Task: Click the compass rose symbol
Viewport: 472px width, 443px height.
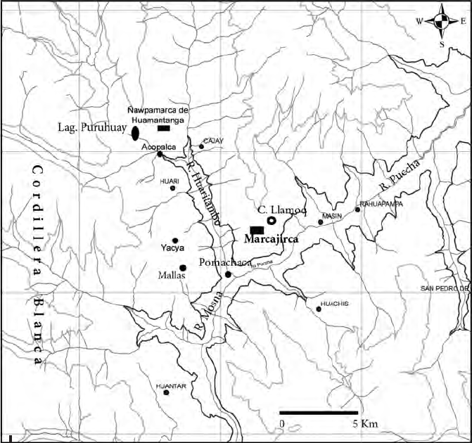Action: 442,21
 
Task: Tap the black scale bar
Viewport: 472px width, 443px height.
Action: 319,412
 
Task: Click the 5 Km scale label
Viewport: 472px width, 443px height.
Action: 366,424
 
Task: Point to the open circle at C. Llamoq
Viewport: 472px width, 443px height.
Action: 272,222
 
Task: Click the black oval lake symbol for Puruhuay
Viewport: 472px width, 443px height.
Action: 135,132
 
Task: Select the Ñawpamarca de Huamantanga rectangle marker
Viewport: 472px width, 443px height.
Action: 164,129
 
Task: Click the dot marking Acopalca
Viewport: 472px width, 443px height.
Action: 160,154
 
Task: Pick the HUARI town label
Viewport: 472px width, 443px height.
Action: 170,181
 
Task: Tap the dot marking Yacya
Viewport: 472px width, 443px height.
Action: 175,240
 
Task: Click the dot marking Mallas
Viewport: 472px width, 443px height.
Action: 183,267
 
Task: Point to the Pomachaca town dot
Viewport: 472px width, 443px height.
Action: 228,274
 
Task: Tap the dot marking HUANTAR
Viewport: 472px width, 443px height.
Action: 167,392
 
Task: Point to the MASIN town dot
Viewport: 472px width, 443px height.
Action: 321,222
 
